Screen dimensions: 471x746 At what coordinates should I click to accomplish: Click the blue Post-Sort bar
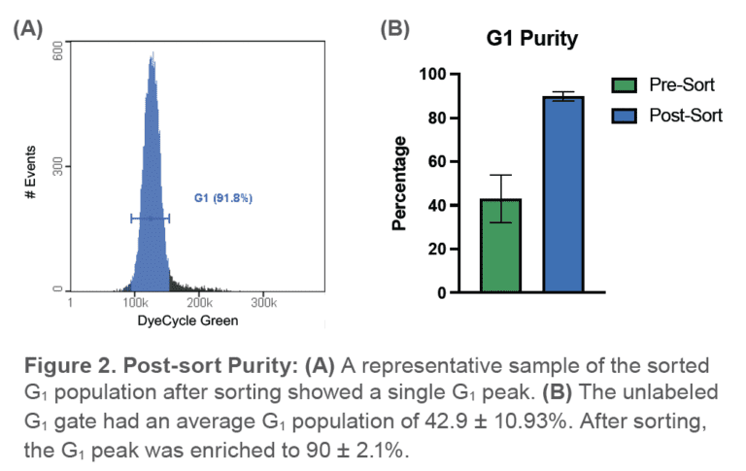tap(562, 194)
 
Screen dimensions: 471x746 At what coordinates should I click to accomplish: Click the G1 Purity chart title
tap(532, 40)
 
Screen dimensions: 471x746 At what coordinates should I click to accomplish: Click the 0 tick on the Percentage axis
tap(441, 292)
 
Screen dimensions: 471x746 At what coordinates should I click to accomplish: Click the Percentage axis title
tap(399, 184)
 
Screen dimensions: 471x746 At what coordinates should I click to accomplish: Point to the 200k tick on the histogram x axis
tap(199, 303)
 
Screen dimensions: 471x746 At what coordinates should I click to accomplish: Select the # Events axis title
tap(32, 173)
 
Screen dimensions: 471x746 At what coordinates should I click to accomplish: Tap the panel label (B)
tap(395, 28)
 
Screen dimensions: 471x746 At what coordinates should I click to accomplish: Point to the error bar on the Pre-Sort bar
tap(500, 198)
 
